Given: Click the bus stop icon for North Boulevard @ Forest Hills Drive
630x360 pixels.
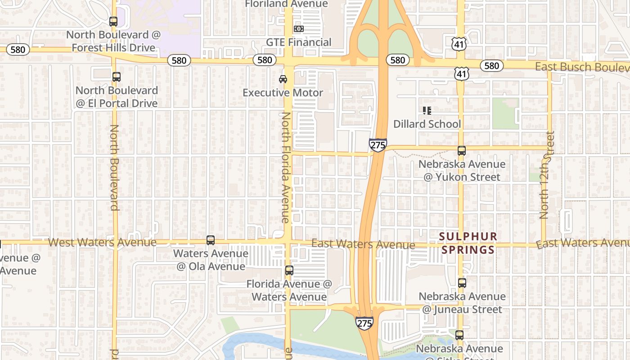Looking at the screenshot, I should point(113,21).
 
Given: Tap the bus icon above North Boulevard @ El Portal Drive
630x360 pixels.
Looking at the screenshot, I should point(117,77).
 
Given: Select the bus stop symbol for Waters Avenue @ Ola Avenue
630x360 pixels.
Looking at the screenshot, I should point(211,240).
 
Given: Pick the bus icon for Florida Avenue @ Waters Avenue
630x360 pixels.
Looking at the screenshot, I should point(289,270).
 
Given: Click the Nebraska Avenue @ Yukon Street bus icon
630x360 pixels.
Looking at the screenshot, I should point(461,151).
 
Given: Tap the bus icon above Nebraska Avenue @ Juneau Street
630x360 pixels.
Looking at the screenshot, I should point(462,283).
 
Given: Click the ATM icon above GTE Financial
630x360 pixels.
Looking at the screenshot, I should point(298,29).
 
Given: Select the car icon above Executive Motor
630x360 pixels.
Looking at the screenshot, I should point(283,79).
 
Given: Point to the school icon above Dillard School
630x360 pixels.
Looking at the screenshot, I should point(427,110).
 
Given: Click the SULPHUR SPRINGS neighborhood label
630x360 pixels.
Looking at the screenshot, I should point(468,243).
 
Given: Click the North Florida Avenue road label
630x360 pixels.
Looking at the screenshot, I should point(285,167).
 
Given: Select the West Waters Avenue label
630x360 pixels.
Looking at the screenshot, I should point(102,243).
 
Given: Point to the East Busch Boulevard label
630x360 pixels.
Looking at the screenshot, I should point(582,67).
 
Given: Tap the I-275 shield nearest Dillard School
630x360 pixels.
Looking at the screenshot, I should point(378,145).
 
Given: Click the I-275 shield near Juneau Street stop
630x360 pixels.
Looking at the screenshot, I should point(364,323).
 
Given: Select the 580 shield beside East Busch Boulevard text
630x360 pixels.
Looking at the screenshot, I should point(491,66).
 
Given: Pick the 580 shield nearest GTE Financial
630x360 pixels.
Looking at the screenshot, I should point(265,60).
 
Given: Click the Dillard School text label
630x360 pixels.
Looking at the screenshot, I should point(427,124).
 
